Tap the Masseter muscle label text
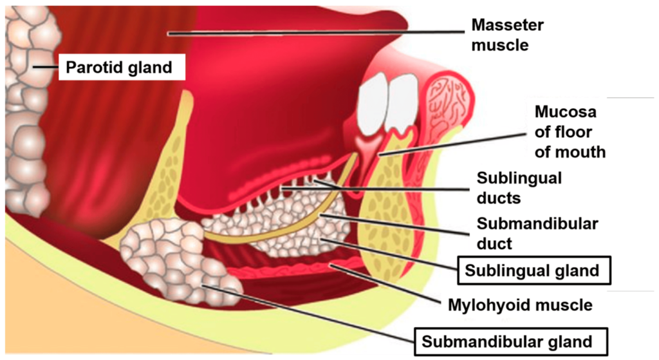pos(507,35)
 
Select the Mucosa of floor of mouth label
pos(570,132)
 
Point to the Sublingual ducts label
pos(519,187)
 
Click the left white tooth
pos(373,103)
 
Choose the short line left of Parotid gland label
pos(46,66)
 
